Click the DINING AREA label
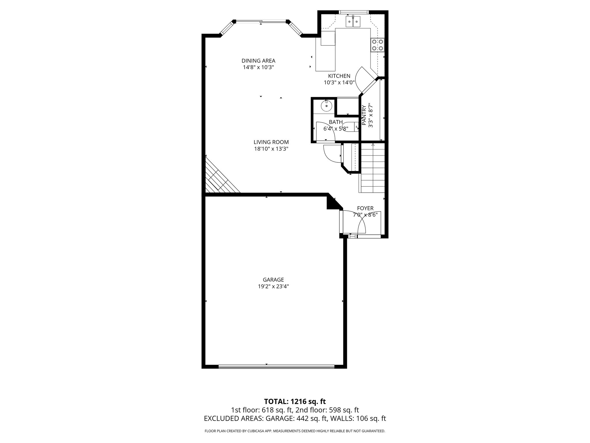pos(258,61)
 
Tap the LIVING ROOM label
pos(271,142)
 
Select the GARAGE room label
pos(273,280)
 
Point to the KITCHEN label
pos(339,76)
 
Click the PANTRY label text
pos(364,115)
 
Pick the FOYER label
pos(365,208)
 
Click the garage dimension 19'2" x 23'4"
pos(273,286)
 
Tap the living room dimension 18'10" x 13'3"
pos(271,149)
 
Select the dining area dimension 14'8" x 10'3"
pos(258,67)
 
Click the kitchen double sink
pos(353,21)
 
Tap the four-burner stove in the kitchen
pos(377,45)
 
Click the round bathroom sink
pos(326,106)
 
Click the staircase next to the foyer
pos(372,169)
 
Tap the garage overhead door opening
pos(277,367)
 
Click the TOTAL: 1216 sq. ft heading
pos(295,401)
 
